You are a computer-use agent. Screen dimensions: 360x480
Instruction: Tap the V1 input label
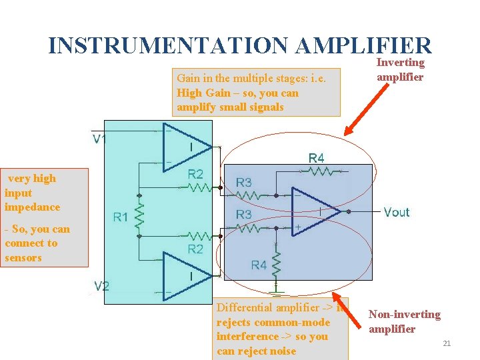[x=101, y=139]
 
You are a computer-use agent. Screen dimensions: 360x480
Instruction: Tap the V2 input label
[x=101, y=286]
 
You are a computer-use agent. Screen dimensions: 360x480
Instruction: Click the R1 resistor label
[x=121, y=216]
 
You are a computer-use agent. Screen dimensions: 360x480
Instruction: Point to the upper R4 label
[x=317, y=158]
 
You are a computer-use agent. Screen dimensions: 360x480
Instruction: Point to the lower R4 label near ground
[x=259, y=265]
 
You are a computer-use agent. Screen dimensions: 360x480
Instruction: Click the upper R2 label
[x=195, y=174]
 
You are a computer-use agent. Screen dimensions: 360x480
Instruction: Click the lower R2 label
[x=195, y=249]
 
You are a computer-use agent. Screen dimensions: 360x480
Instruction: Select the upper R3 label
[x=244, y=182]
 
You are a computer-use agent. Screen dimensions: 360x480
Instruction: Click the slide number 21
[x=447, y=343]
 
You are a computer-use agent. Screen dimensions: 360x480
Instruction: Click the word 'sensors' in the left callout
[x=23, y=257]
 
